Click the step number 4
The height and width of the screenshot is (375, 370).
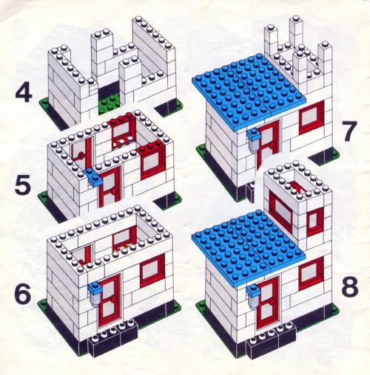click(24, 94)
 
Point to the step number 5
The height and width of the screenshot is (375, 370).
click(24, 185)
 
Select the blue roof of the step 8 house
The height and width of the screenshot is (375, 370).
click(248, 248)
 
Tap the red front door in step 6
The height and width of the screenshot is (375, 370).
click(110, 300)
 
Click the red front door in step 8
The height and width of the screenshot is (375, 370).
click(268, 303)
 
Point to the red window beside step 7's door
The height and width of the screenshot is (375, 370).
click(312, 117)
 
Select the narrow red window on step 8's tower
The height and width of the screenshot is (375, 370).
click(314, 221)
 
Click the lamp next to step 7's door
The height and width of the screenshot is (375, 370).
click(254, 141)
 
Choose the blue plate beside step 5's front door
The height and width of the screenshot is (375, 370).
click(93, 177)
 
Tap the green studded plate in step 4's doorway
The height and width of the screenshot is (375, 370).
click(109, 103)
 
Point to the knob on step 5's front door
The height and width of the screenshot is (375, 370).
click(114, 191)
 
